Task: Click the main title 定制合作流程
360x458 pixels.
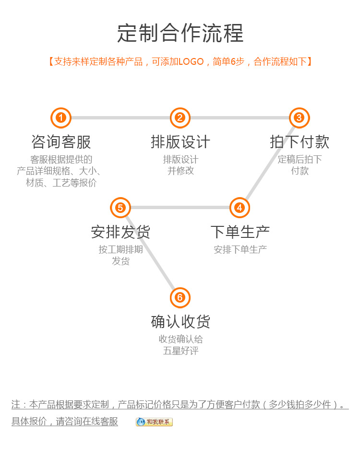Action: [180, 33]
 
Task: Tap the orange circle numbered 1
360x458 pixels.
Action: [61, 118]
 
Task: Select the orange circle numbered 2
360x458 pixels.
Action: [180, 118]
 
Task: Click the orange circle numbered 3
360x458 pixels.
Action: [299, 118]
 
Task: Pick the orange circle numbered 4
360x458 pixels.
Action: [240, 208]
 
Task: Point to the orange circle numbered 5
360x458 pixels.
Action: [120, 208]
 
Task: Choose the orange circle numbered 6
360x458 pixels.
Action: [180, 298]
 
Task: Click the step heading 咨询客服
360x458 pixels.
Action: [61, 142]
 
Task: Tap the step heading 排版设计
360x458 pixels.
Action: [180, 142]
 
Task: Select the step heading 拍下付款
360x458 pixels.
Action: [299, 142]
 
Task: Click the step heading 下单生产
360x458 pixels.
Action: [240, 232]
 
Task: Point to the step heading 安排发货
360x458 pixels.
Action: [120, 232]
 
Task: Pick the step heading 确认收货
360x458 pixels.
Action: [180, 321]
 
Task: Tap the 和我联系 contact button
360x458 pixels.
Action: [154, 422]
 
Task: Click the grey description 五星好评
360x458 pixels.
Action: [180, 351]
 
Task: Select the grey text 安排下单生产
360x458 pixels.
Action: [240, 249]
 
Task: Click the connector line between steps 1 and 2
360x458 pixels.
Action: [120, 118]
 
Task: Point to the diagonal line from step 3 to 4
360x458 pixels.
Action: [269, 163]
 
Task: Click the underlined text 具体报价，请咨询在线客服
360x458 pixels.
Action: [65, 422]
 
